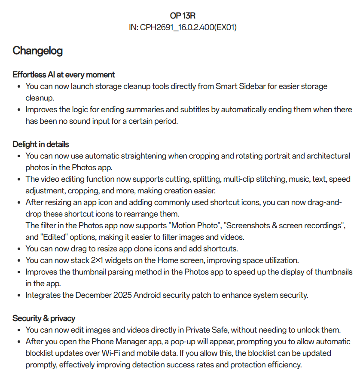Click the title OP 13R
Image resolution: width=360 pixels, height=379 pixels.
(x=183, y=16)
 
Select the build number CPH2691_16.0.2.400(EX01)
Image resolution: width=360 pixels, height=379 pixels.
(x=189, y=28)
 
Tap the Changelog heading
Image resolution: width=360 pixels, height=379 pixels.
(x=37, y=51)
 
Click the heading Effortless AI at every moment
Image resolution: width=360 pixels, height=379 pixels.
(x=64, y=74)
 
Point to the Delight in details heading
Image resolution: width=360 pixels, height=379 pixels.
(x=40, y=144)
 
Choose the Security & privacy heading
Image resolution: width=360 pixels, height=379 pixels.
(x=44, y=318)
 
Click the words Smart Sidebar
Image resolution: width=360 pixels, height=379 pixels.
(x=239, y=86)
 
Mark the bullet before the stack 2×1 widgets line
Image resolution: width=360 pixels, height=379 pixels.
(x=19, y=260)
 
